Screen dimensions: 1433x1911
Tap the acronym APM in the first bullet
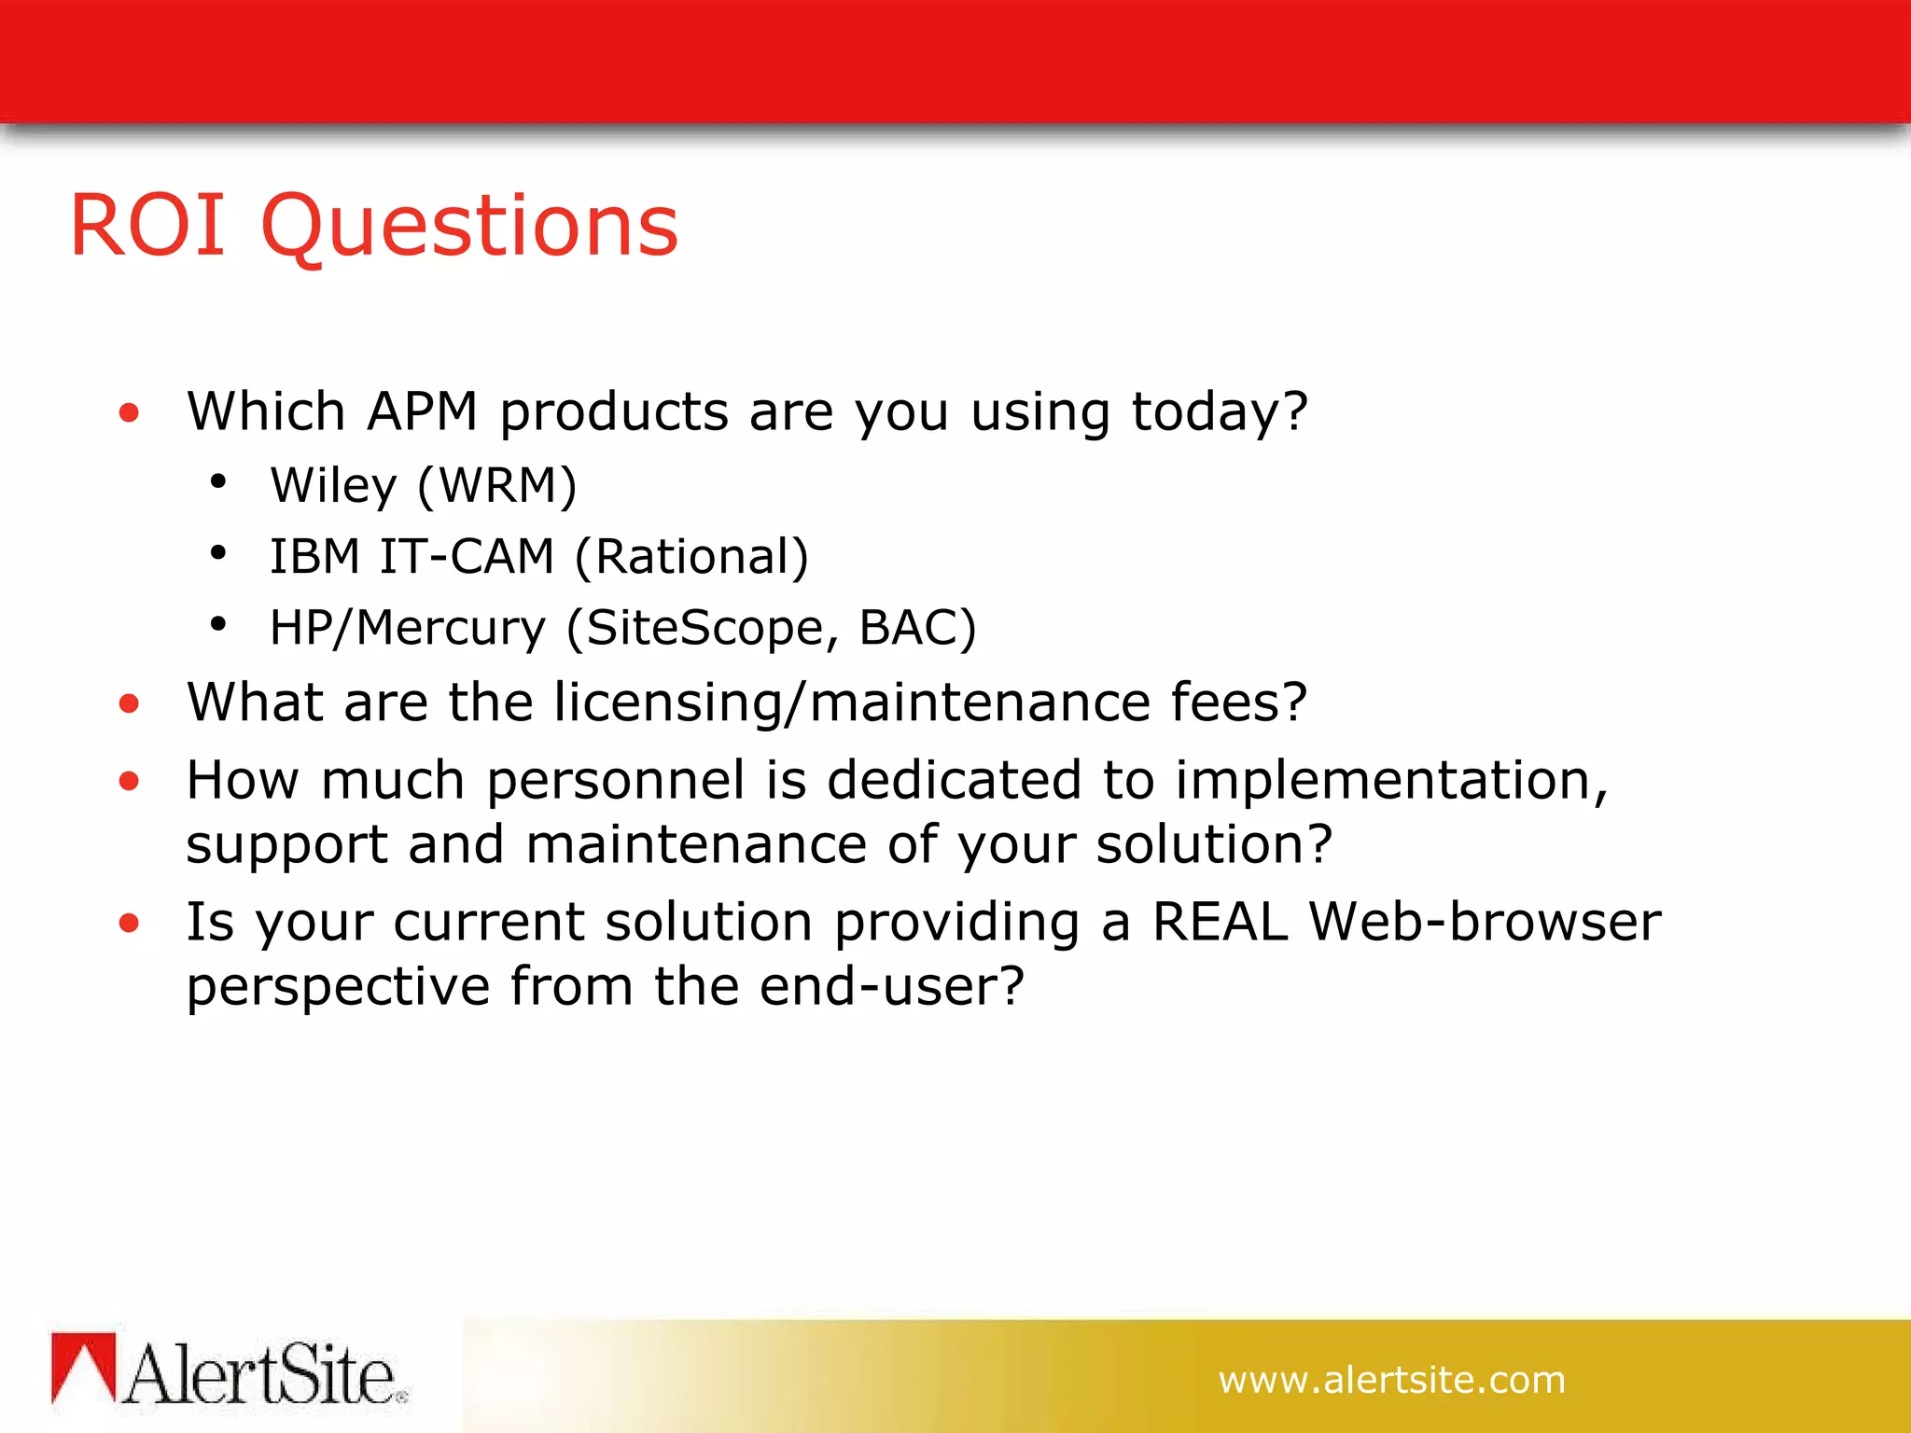tap(422, 411)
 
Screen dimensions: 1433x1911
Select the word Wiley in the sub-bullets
tap(333, 486)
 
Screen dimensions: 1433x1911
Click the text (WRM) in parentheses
tap(497, 486)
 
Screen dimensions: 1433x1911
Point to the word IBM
tap(314, 557)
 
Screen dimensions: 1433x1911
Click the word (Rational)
tap(691, 557)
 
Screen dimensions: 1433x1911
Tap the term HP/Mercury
tap(407, 628)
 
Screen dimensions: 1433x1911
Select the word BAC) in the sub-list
tap(917, 628)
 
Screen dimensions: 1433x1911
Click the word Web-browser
tap(1485, 923)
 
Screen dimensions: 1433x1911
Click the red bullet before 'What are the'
tap(129, 703)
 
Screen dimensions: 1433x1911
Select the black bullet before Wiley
tap(218, 481)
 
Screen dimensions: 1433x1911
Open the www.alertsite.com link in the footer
tap(1391, 1380)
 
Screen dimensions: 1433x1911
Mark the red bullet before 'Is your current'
tap(129, 924)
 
